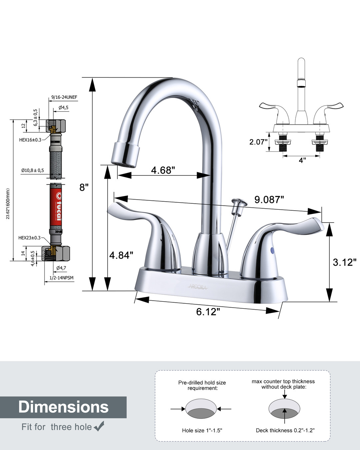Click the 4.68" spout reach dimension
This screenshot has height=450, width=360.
(x=163, y=170)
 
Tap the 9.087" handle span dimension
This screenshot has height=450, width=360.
(x=269, y=199)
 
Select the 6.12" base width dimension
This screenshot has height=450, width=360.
(x=208, y=312)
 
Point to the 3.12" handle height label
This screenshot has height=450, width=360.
(x=345, y=262)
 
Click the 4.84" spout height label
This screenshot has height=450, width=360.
(x=121, y=255)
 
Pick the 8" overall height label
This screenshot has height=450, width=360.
(x=84, y=187)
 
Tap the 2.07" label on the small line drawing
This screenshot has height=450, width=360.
(x=258, y=142)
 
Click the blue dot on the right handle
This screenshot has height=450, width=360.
(x=272, y=250)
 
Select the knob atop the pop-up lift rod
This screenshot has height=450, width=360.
(x=239, y=202)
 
